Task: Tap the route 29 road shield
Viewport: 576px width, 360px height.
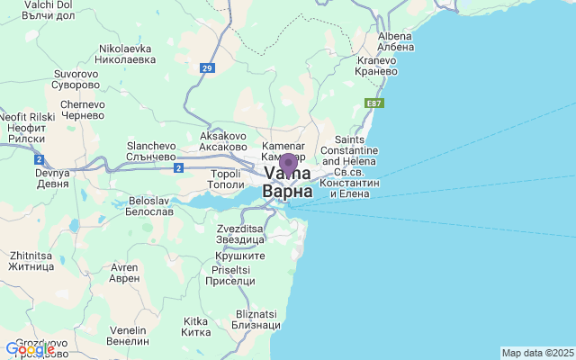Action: click(208, 67)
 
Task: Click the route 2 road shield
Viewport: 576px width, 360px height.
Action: click(178, 167)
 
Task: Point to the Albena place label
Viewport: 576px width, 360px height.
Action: click(396, 40)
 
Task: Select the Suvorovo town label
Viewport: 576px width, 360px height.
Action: click(76, 79)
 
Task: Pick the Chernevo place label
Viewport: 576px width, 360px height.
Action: click(83, 111)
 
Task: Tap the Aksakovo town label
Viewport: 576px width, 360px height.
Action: click(223, 141)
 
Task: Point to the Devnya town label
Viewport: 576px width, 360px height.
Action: click(51, 177)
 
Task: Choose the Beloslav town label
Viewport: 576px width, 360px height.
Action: click(149, 204)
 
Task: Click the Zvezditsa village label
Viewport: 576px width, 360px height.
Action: click(240, 235)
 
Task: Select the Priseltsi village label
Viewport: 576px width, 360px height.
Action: click(230, 274)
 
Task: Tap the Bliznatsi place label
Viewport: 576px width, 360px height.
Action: click(256, 319)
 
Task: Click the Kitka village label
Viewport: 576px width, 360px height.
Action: click(196, 326)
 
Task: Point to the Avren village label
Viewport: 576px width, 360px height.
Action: click(123, 272)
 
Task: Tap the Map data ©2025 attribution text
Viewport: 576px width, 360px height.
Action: click(536, 353)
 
